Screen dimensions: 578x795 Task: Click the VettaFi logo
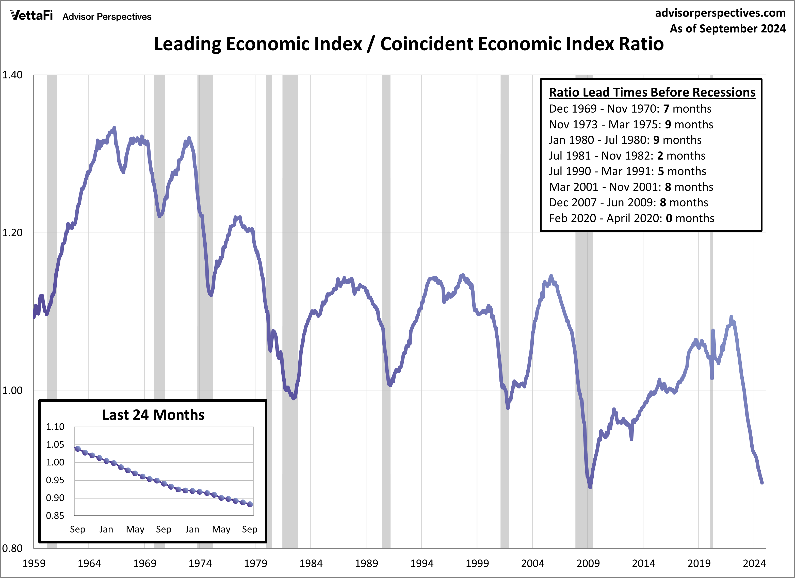point(31,15)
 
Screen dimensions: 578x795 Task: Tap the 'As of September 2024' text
point(727,28)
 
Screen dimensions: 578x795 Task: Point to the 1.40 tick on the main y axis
point(12,75)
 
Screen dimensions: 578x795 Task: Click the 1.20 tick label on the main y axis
point(12,232)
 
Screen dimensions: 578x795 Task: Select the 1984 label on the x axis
point(311,563)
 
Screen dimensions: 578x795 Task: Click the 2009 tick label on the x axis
point(588,563)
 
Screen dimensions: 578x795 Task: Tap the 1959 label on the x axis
point(34,563)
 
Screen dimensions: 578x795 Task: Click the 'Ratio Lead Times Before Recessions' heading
point(652,92)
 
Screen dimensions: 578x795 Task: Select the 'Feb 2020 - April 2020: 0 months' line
point(631,218)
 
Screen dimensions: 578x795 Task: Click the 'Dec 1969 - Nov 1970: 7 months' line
point(630,109)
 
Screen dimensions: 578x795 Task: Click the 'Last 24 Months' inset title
point(153,415)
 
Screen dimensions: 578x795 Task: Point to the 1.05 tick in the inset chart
point(55,444)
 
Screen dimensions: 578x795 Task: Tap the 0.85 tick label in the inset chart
point(55,515)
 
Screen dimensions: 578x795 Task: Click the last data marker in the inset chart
point(250,504)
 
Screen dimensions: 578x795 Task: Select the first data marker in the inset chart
point(78,449)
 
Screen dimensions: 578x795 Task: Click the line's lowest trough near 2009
point(590,487)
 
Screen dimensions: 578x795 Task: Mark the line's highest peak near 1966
point(114,128)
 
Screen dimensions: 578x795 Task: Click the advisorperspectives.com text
point(720,13)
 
